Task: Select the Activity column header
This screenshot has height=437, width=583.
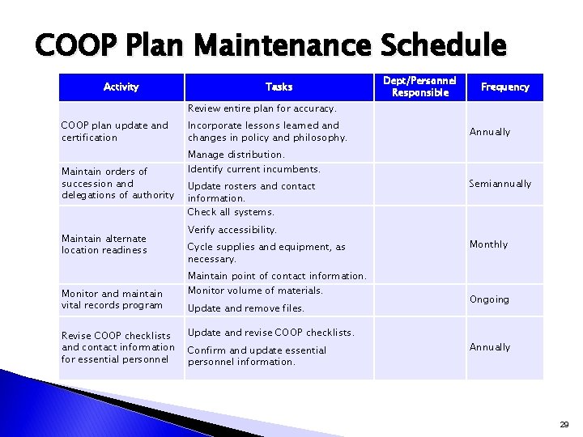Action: [121, 87]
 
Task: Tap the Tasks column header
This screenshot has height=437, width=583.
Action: [279, 87]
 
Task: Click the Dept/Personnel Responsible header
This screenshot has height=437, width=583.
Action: [419, 87]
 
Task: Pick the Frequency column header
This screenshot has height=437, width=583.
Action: [504, 87]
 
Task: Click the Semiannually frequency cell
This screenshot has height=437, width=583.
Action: [500, 184]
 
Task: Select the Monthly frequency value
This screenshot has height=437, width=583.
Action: [489, 244]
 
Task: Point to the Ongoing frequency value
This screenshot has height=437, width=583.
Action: [490, 299]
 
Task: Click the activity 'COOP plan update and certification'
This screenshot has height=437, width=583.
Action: [114, 131]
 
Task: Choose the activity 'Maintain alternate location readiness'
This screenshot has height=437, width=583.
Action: [104, 244]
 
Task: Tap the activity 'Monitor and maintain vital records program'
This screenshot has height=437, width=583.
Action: [112, 299]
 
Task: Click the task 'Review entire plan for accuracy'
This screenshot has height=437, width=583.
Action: [262, 108]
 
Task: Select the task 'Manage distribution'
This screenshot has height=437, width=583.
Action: [236, 155]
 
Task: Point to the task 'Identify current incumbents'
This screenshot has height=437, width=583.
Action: [253, 169]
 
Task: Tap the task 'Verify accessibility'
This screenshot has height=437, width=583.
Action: [232, 231]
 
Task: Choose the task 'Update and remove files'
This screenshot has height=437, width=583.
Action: [245, 308]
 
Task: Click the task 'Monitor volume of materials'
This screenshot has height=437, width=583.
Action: [255, 291]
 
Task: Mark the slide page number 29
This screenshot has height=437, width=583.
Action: [564, 424]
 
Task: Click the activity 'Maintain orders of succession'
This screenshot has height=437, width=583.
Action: [117, 183]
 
